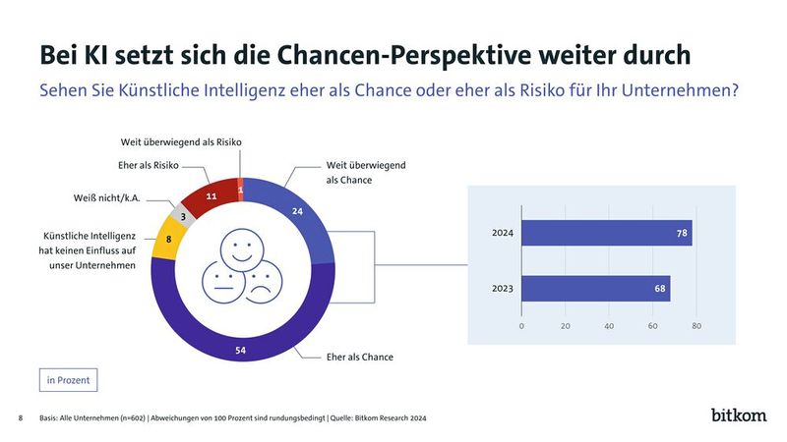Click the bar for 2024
(x=606, y=234)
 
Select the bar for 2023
(x=595, y=289)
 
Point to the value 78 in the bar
(x=682, y=234)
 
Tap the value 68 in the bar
(x=659, y=289)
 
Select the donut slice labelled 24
(x=298, y=211)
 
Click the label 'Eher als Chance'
(x=359, y=357)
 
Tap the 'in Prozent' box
(x=69, y=379)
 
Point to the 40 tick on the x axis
(x=609, y=327)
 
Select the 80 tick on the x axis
(x=696, y=327)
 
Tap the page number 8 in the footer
(x=21, y=418)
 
